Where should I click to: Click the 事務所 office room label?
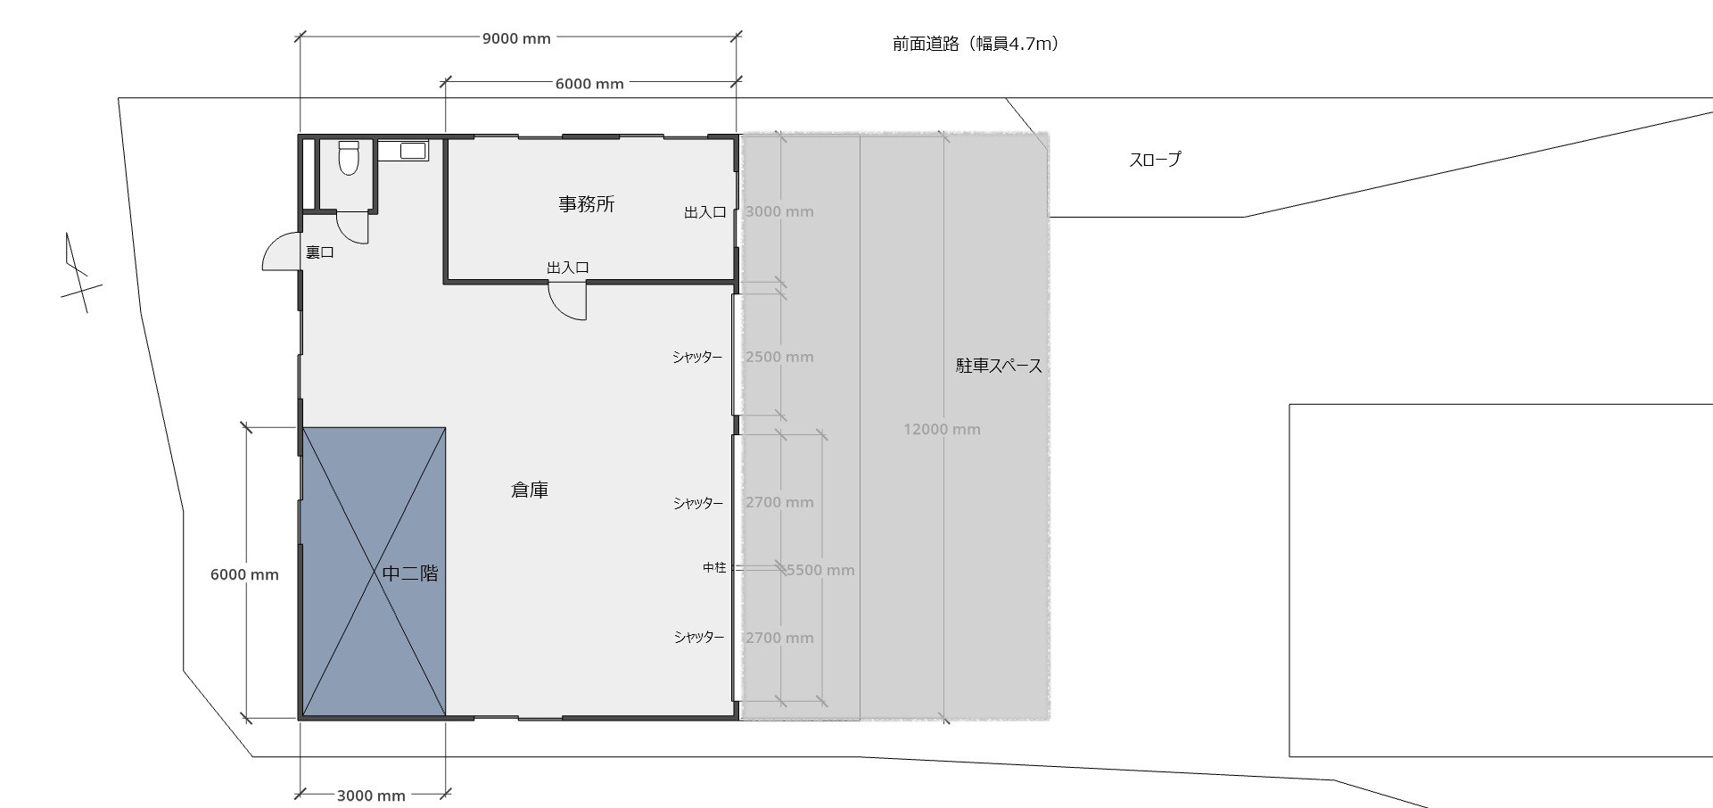587,204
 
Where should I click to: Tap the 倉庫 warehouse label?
530,490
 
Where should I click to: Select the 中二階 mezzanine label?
410,573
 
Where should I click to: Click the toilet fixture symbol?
349,158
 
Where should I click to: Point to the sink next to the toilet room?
403,150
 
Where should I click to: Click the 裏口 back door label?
320,252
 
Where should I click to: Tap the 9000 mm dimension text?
516,38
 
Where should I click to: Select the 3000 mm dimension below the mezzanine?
371,796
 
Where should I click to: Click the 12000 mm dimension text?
942,429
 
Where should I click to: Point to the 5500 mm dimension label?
820,570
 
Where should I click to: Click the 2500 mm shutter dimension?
779,357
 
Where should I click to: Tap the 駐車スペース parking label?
999,366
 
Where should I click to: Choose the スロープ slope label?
1155,160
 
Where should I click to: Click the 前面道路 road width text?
976,43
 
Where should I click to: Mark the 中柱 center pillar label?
714,567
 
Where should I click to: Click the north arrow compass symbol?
78,272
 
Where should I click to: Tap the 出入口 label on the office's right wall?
704,212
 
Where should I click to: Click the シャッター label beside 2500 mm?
697,358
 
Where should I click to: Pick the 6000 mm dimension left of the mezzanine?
244,574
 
